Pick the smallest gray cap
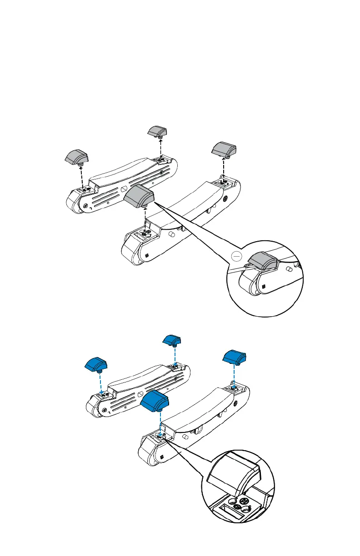tap(158, 131)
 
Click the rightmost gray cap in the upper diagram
tap(224, 149)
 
